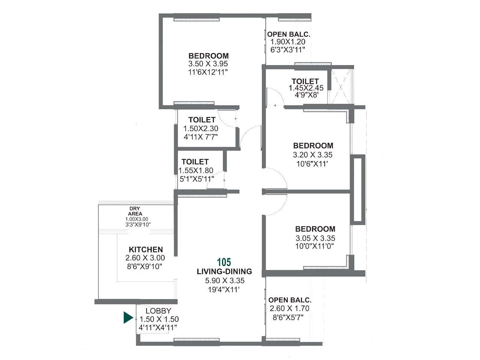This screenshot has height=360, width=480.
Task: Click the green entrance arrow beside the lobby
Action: (x=128, y=318)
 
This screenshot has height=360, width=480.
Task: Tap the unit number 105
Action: (x=224, y=262)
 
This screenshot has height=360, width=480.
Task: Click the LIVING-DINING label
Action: (x=224, y=271)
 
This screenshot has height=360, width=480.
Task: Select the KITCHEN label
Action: (x=146, y=250)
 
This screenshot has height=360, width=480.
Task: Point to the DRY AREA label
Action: (x=135, y=211)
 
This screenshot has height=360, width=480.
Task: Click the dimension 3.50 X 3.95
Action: (x=208, y=64)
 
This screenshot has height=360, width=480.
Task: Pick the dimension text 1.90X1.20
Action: (x=288, y=42)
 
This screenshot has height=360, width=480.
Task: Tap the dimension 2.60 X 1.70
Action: (x=289, y=308)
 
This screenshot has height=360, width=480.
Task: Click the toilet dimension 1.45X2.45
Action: (x=306, y=88)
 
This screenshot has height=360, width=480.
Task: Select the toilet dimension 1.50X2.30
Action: (x=201, y=128)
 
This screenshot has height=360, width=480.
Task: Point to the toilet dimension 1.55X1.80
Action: (x=196, y=170)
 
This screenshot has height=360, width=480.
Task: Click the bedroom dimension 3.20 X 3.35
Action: (x=313, y=155)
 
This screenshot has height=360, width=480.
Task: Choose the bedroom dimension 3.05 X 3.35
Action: (x=315, y=238)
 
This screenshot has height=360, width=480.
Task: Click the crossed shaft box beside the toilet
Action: (x=341, y=86)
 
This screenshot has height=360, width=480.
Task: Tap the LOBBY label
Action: (x=158, y=311)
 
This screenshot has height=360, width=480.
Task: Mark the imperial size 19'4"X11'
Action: (x=223, y=290)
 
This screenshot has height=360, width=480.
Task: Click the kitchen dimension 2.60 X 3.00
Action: (x=145, y=258)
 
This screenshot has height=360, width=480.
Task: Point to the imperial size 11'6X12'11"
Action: (x=208, y=72)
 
